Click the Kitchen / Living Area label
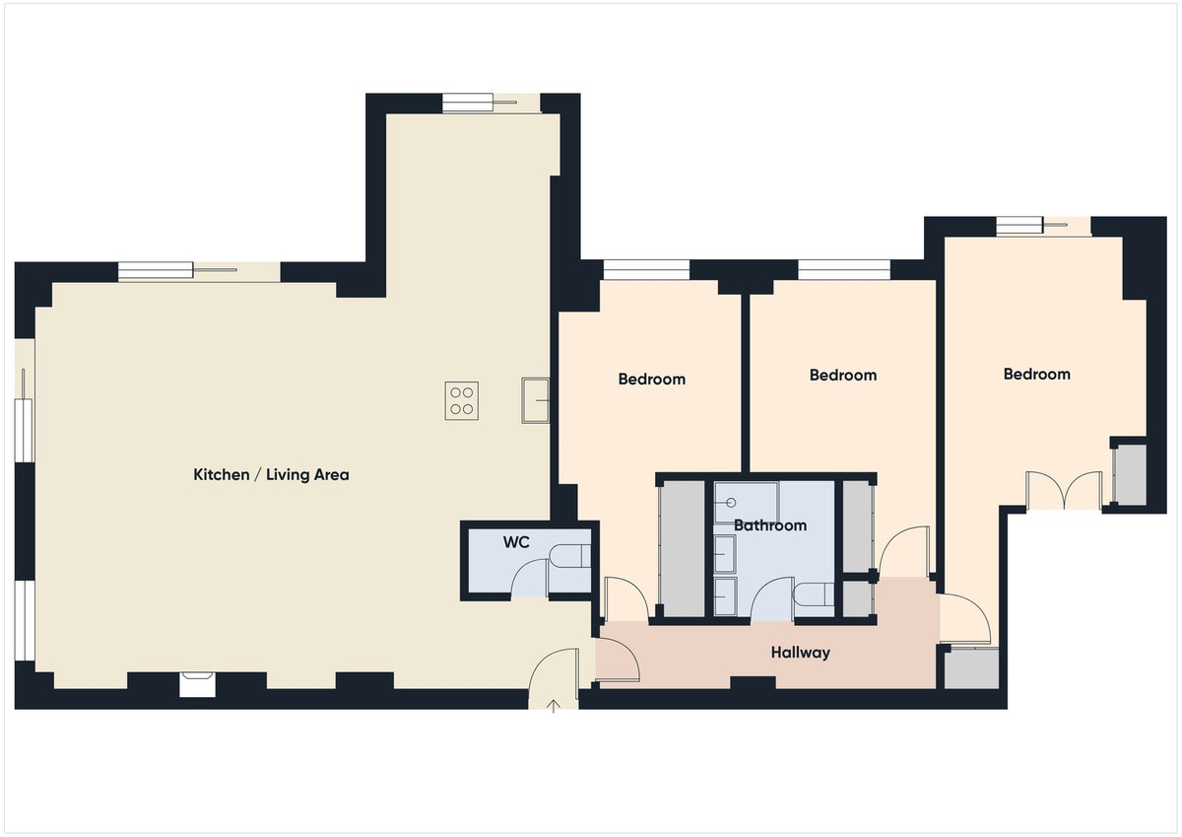pyautogui.click(x=271, y=475)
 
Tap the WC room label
pyautogui.click(x=516, y=542)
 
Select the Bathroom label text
pyautogui.click(x=770, y=525)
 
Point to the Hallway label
pyautogui.click(x=800, y=653)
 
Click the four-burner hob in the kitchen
pyautogui.click(x=461, y=400)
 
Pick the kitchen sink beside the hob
pyautogui.click(x=535, y=399)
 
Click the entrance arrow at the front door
pyautogui.click(x=554, y=705)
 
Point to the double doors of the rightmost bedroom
pyautogui.click(x=1064, y=490)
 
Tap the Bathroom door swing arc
pyautogui.click(x=772, y=598)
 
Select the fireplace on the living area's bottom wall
pyautogui.click(x=196, y=683)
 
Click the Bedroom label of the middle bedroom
pyautogui.click(x=842, y=376)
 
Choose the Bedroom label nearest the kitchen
pyautogui.click(x=651, y=380)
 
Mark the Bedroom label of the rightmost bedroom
pyautogui.click(x=1036, y=375)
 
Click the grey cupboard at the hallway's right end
pyautogui.click(x=971, y=668)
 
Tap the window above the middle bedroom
pyautogui.click(x=844, y=269)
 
